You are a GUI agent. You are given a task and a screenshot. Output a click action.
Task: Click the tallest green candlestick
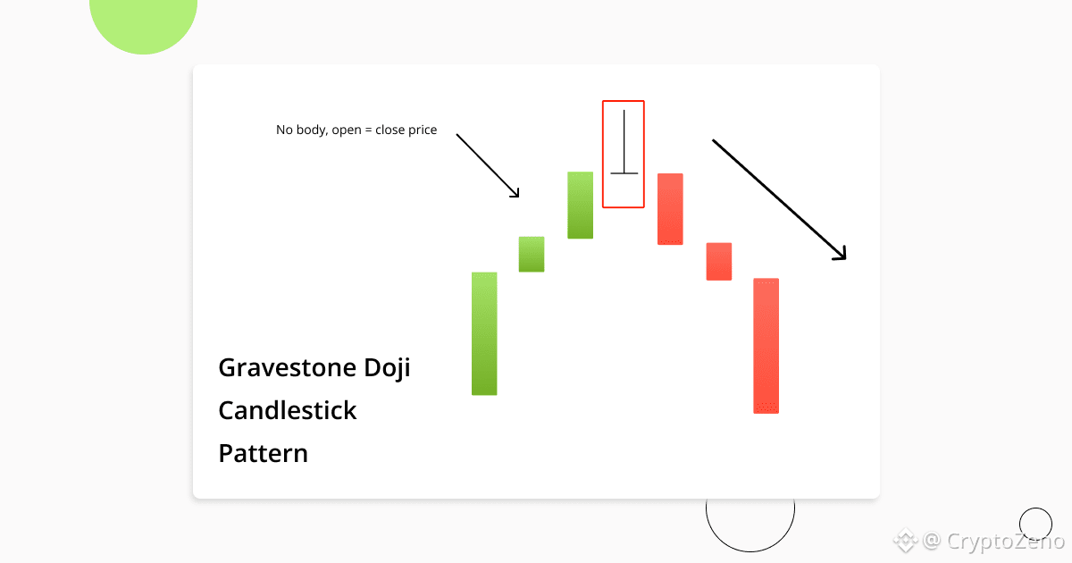pyautogui.click(x=484, y=333)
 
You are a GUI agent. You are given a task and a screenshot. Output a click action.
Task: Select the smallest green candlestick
pyautogui.click(x=532, y=254)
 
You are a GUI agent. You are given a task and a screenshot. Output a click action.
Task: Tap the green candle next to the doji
pyautogui.click(x=581, y=205)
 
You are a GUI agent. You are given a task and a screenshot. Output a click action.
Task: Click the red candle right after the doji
pyautogui.click(x=671, y=209)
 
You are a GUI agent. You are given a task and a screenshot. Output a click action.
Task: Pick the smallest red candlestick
pyautogui.click(x=719, y=261)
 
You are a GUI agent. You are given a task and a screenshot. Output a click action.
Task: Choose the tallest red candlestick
pyautogui.click(x=766, y=346)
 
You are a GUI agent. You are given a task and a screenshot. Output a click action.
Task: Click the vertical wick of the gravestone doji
pyautogui.click(x=624, y=141)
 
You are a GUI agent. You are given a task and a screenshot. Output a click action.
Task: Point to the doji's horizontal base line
pyautogui.click(x=624, y=173)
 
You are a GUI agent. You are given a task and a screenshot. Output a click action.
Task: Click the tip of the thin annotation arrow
pyautogui.click(x=519, y=197)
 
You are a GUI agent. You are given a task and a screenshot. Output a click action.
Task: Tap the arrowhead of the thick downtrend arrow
pyautogui.click(x=845, y=259)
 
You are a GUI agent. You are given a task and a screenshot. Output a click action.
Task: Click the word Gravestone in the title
pyautogui.click(x=287, y=368)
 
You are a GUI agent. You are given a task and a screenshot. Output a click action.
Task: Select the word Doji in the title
pyautogui.click(x=387, y=368)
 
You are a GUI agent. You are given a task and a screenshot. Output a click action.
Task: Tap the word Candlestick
pyautogui.click(x=287, y=410)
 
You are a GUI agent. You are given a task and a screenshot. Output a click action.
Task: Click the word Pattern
pyautogui.click(x=264, y=453)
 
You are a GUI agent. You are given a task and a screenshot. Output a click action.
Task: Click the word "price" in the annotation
pyautogui.click(x=422, y=130)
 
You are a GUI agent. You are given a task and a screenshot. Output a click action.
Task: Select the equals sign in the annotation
pyautogui.click(x=368, y=130)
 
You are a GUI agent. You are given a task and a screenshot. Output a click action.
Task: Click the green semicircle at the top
pyautogui.click(x=143, y=24)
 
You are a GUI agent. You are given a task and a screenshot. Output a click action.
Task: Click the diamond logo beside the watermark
pyautogui.click(x=906, y=540)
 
